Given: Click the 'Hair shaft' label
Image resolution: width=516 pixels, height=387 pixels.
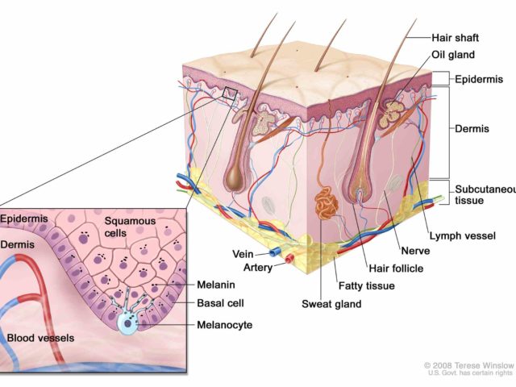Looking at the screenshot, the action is point(455,38).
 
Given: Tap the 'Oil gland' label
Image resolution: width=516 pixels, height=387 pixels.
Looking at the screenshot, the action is point(453,55).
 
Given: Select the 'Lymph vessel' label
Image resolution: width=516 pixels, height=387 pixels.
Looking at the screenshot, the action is point(462,236).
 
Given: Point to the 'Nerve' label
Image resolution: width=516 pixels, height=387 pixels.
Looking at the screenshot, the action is point(415,251).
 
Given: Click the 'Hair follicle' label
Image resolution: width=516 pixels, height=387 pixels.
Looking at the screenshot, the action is point(396,268).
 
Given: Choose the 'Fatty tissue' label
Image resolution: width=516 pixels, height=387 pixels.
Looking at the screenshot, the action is point(367,285).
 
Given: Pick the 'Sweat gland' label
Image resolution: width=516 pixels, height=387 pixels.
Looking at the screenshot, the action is point(331,304).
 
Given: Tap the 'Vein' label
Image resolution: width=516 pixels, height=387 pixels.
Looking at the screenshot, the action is point(243,254).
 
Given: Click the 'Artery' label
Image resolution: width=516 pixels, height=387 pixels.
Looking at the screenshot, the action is point(258,268).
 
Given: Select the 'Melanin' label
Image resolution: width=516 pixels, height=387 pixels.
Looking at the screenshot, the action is point(216,285).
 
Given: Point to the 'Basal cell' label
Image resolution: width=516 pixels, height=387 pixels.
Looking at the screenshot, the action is point(220,303).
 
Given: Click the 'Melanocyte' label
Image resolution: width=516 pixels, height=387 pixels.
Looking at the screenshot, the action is point(224,325).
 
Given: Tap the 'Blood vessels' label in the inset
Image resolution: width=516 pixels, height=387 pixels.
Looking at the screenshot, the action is point(40,338).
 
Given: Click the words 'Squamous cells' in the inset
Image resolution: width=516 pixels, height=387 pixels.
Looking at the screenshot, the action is point(130,227).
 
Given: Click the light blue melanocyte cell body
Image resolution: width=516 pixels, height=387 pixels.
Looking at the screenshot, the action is point(127,322).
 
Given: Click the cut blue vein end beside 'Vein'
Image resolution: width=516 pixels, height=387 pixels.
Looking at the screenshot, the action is point(273,252).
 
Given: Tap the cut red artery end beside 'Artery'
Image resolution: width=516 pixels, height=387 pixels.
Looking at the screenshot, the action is point(289,259).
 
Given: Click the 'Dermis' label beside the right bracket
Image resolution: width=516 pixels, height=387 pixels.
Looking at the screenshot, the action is point(472,129).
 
